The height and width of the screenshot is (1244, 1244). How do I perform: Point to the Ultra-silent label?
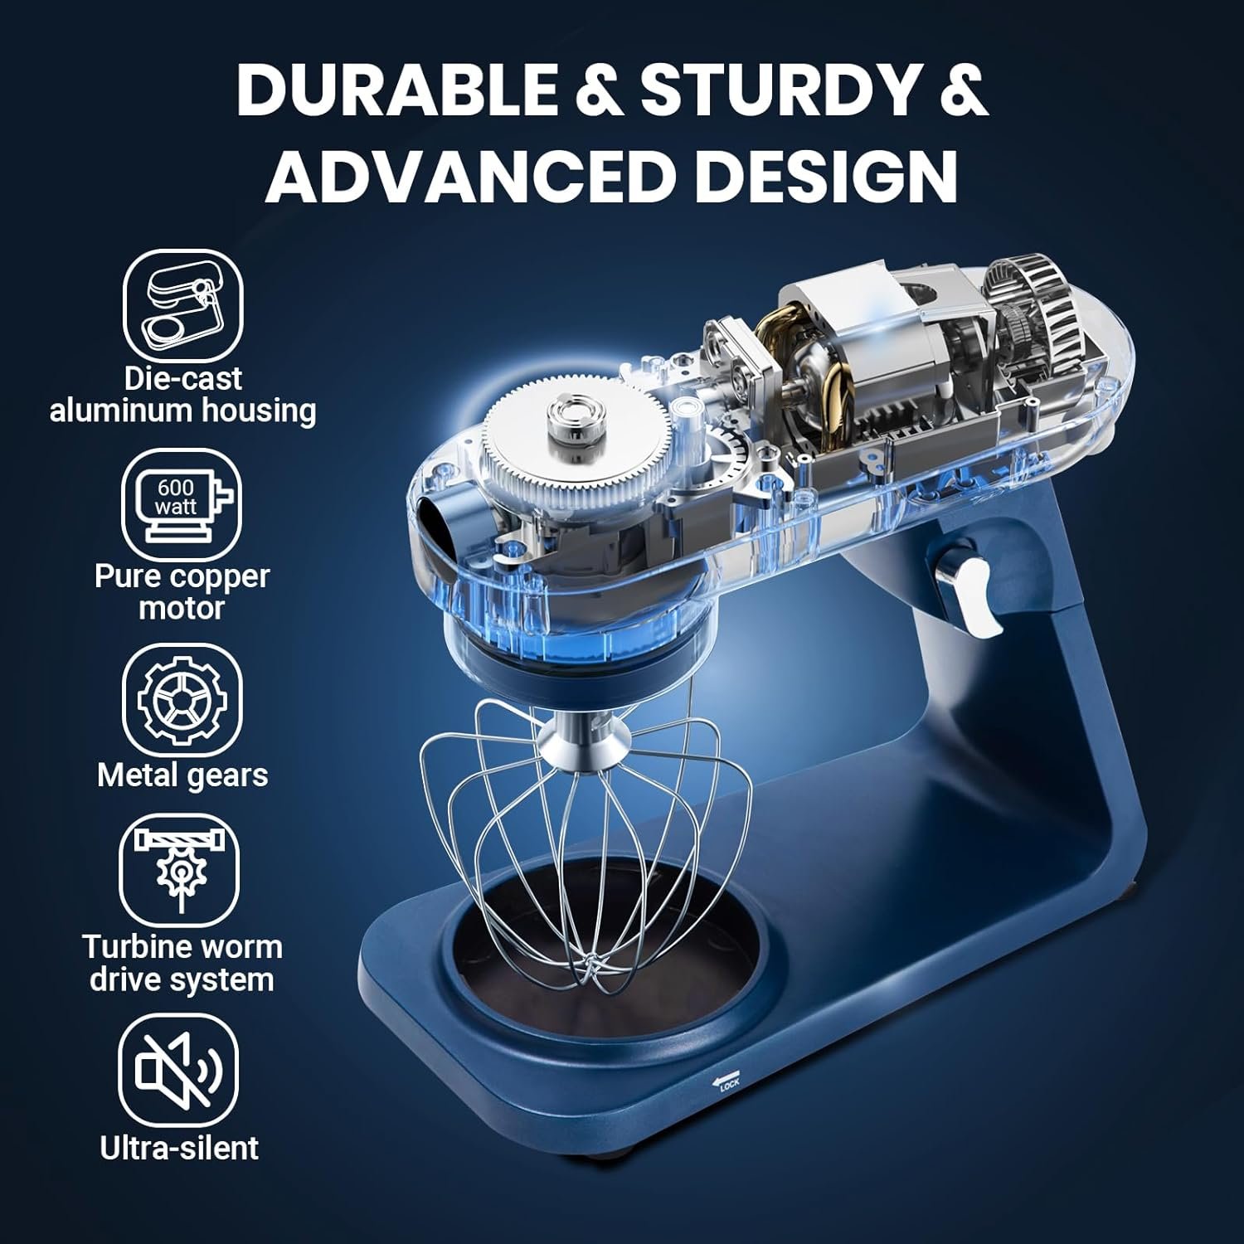[x=179, y=1148]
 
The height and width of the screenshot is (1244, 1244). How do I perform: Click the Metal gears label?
[x=182, y=775]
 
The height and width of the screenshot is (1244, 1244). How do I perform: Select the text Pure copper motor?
[x=182, y=592]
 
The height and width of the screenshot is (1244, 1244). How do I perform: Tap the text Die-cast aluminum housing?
[x=182, y=395]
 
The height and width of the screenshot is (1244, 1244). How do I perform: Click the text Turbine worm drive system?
[x=182, y=964]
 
